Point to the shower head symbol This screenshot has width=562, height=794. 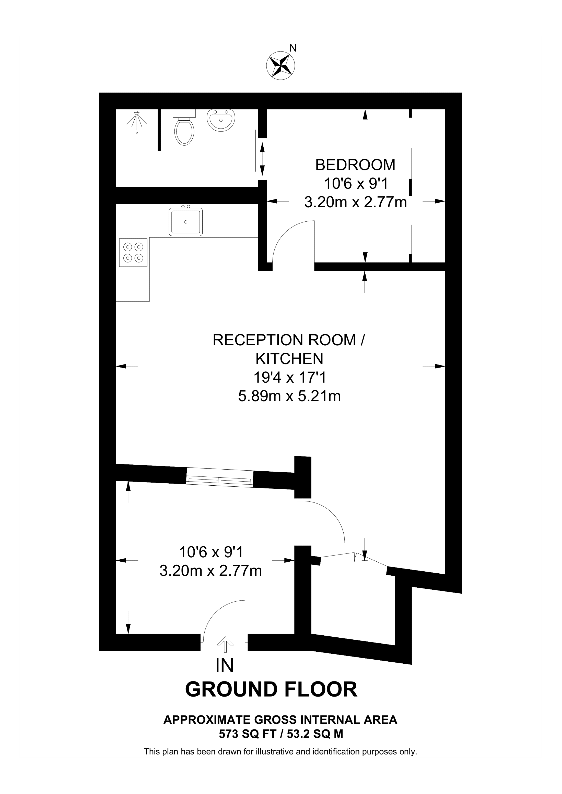pyautogui.click(x=137, y=119)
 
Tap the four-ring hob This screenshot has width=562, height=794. pyautogui.click(x=133, y=253)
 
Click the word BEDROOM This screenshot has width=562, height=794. pyautogui.click(x=355, y=165)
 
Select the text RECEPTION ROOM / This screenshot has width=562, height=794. pyautogui.click(x=288, y=340)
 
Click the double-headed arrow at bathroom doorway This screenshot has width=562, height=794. pyautogui.click(x=262, y=159)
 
